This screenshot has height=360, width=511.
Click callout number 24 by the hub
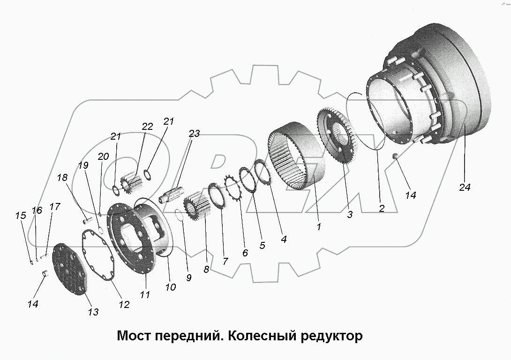click(464, 187)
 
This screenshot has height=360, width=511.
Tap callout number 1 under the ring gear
click(319, 227)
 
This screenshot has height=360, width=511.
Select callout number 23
click(194, 134)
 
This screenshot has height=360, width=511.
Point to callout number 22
click(147, 127)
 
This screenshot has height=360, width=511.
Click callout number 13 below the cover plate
click(93, 312)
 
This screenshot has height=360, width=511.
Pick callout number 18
click(62, 178)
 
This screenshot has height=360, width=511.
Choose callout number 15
click(20, 216)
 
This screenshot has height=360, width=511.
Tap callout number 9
click(188, 277)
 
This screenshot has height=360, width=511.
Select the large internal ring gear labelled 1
click(295, 155)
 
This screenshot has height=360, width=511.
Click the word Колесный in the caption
click(259, 336)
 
